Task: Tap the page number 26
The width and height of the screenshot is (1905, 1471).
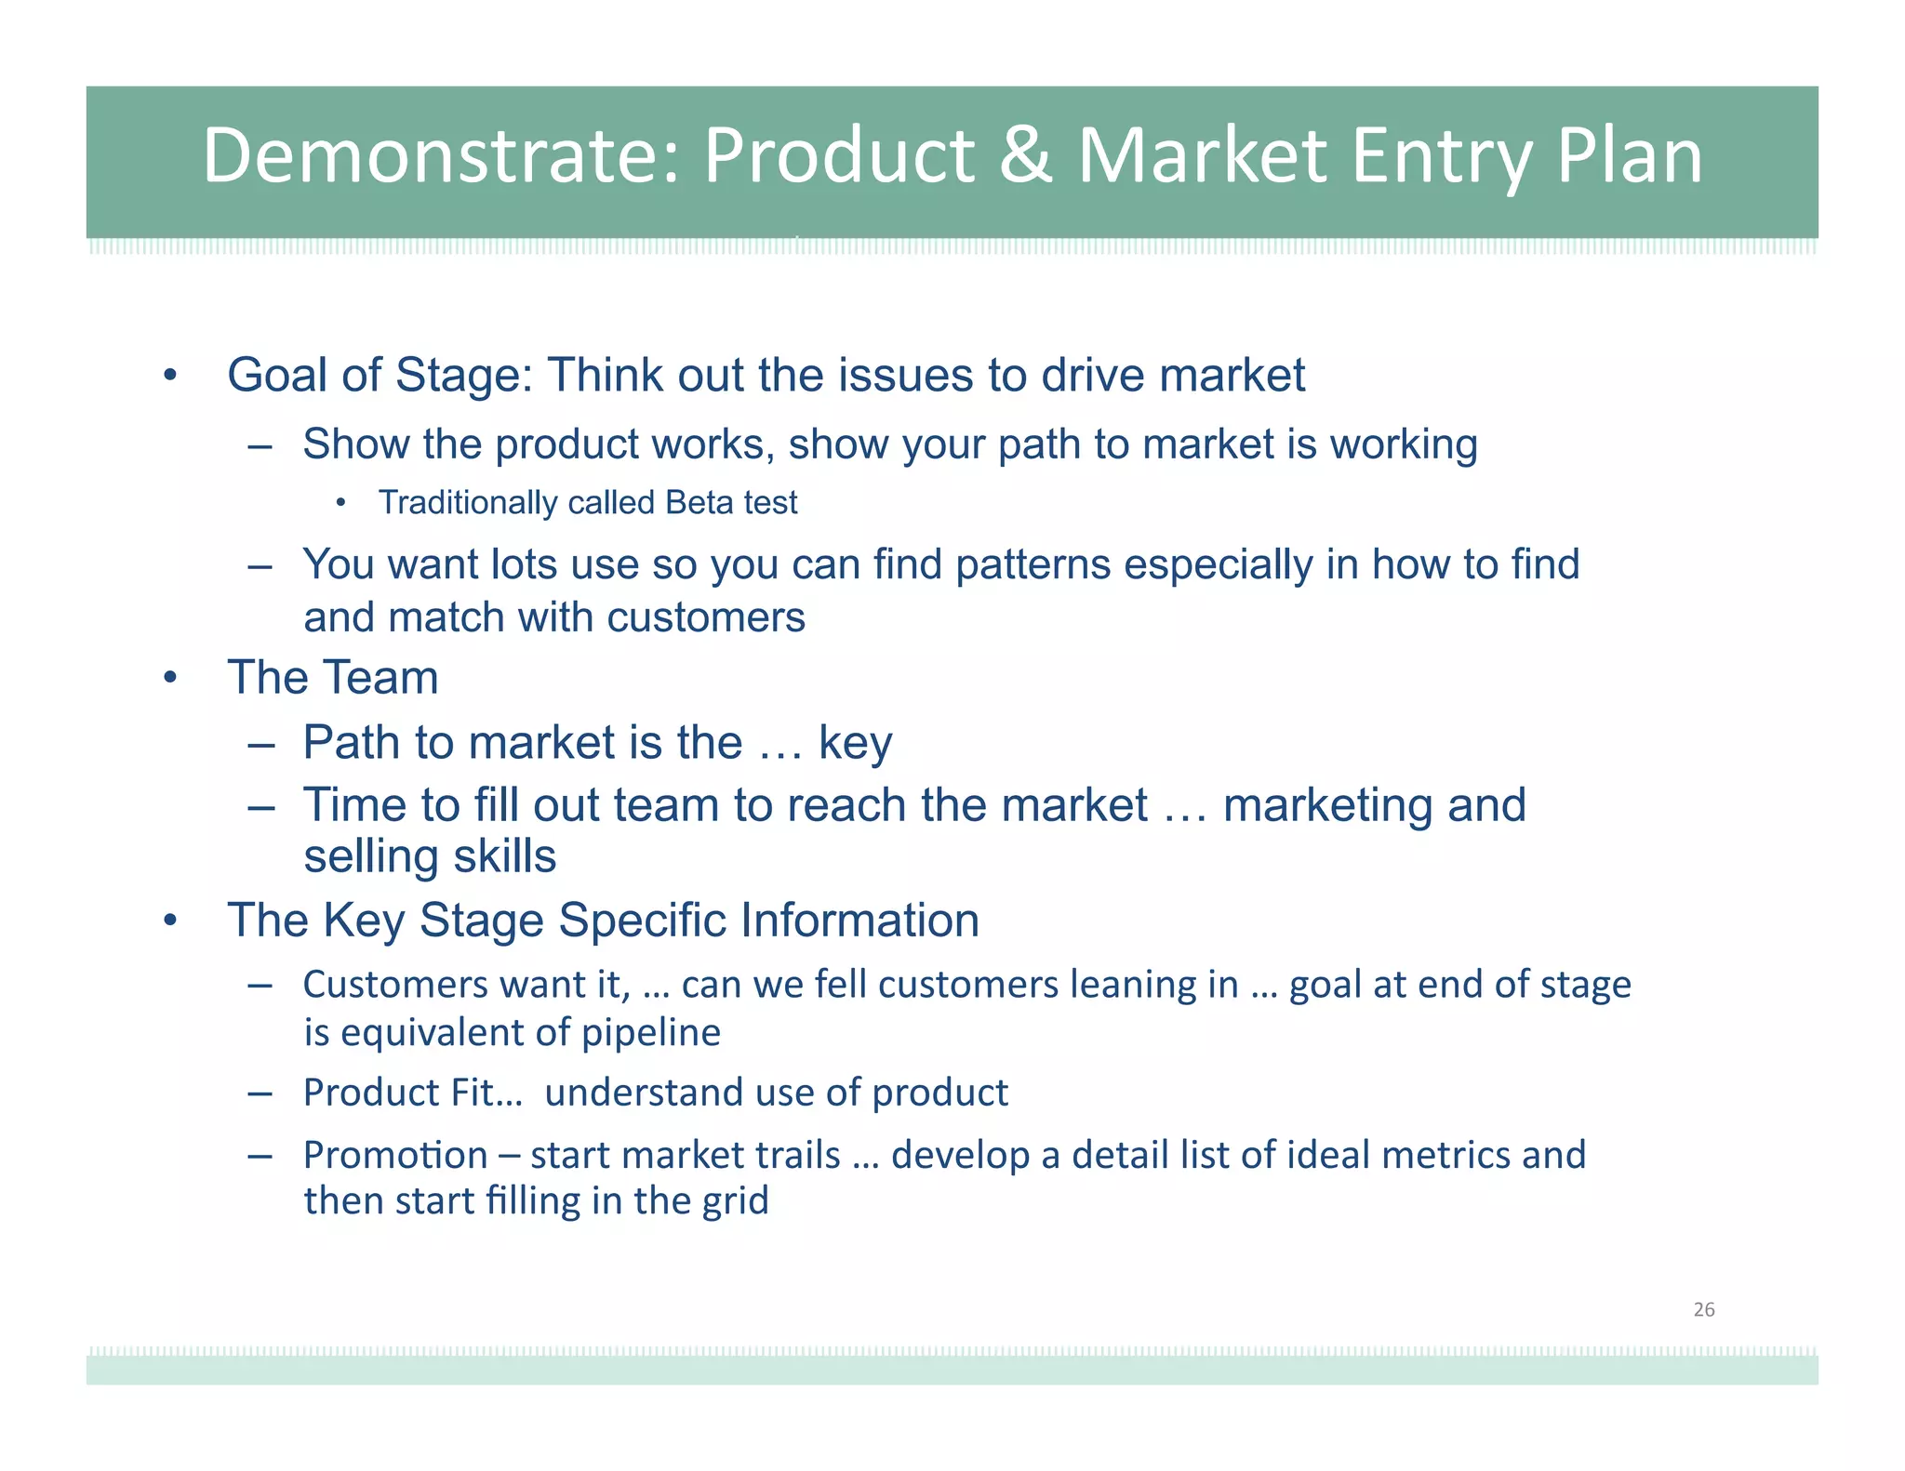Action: pyautogui.click(x=1703, y=1309)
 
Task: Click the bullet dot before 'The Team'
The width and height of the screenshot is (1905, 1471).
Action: pyautogui.click(x=169, y=678)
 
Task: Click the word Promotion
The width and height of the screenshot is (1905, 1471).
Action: pyautogui.click(x=395, y=1156)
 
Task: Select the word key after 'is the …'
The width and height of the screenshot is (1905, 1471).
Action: pyautogui.click(x=855, y=744)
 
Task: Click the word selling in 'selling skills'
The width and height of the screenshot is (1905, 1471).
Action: pyautogui.click(x=366, y=856)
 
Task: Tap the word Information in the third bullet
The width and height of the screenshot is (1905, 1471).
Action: pyautogui.click(x=859, y=921)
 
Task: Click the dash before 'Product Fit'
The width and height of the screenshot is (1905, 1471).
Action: pyautogui.click(x=260, y=1093)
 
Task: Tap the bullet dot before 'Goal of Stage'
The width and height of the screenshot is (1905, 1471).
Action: pyautogui.click(x=169, y=377)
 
